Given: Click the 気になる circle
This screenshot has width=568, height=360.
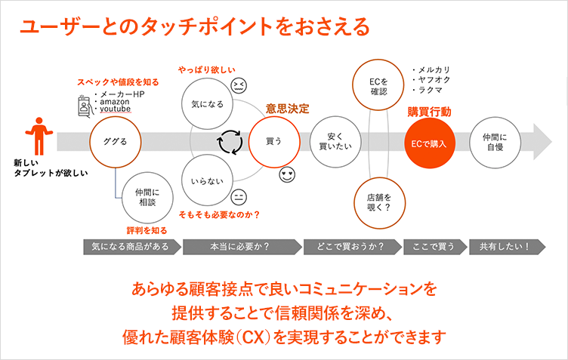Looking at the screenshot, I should pos(208,103).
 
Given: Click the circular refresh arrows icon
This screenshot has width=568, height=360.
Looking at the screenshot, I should pos(229,141).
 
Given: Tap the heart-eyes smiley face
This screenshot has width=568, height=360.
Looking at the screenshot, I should pos(287,175).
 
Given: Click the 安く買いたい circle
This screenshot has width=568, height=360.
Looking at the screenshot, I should pos(333,141).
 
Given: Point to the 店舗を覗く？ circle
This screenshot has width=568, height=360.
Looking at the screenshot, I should pos(378,198).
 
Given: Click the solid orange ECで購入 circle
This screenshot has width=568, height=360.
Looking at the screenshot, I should pos(430,141).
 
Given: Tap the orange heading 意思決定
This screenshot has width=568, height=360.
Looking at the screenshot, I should pos(287,108).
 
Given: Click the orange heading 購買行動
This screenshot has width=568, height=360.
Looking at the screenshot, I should pos(430,111).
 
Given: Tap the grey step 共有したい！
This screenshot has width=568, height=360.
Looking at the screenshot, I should pos(502,246).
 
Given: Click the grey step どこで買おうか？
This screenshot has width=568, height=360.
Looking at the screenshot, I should pos(351,246).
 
